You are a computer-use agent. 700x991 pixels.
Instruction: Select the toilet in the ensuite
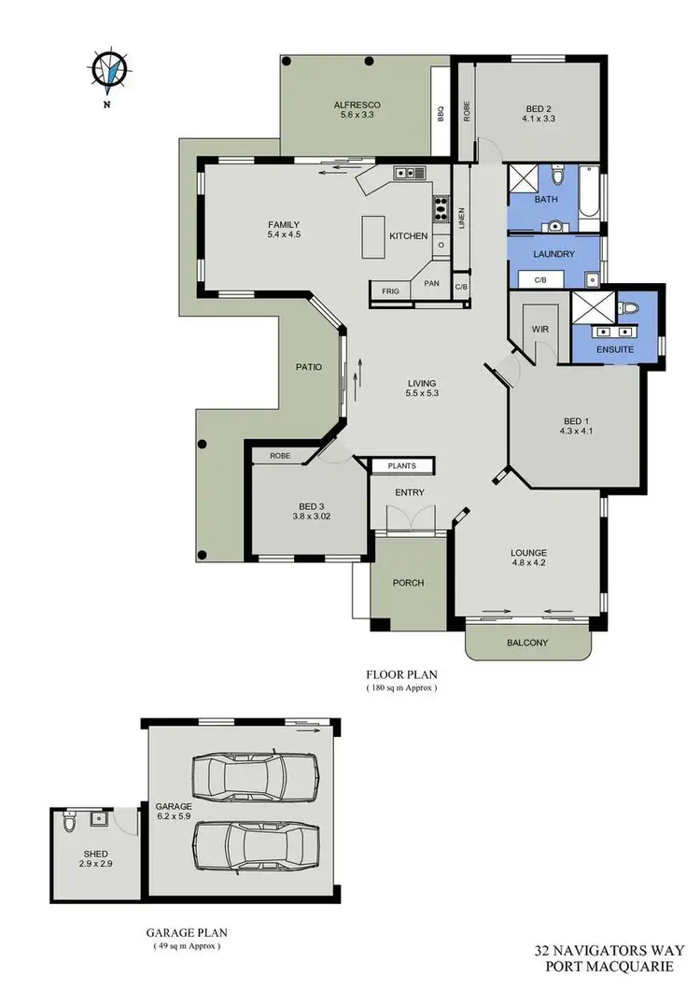629,307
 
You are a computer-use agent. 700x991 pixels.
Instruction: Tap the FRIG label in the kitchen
389,291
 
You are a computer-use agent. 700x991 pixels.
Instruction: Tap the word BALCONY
528,643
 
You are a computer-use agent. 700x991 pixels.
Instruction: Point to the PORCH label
408,582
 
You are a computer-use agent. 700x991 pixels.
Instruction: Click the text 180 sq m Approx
400,687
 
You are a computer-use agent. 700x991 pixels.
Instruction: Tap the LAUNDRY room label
553,253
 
